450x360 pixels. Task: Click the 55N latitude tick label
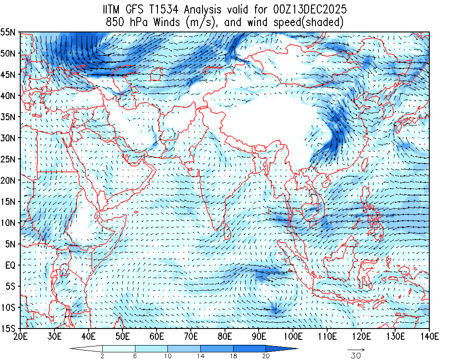click(9, 32)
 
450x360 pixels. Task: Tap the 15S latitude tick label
click(9, 328)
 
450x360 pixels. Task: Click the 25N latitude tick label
click(9, 159)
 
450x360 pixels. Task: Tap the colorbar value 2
click(103, 355)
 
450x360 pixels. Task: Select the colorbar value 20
click(265, 355)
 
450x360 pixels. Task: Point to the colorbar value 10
click(168, 355)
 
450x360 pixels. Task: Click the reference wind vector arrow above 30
click(355, 349)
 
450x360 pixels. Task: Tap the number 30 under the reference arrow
click(355, 355)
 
